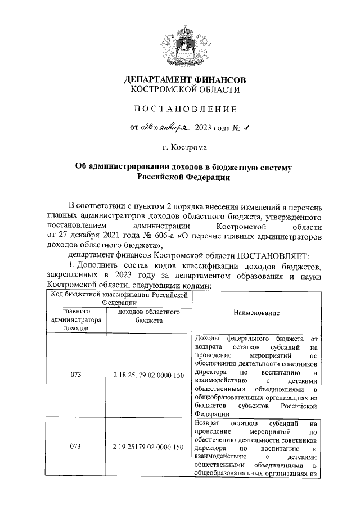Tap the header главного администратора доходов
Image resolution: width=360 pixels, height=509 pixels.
pos(73,319)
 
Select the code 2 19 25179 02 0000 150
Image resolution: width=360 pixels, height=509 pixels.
pos(148,447)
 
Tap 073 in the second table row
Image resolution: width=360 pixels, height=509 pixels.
pos(73,447)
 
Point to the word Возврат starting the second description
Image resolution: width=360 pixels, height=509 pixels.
pos(206,422)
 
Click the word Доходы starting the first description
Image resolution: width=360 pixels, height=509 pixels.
pos(206,339)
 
